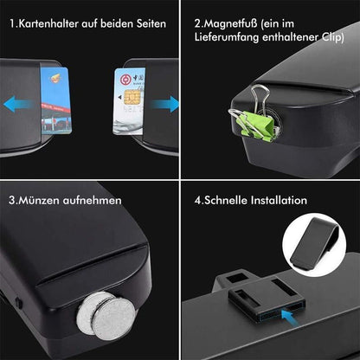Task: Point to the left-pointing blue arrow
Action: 18,105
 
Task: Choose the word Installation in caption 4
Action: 278,200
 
